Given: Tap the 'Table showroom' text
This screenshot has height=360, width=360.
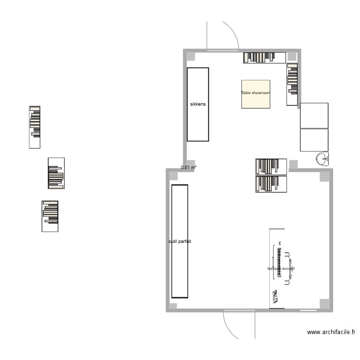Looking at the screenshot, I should click(255, 93).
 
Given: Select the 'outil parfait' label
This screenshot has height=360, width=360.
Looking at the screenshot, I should click(180, 241).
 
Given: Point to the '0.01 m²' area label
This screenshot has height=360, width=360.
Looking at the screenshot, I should click(189, 168).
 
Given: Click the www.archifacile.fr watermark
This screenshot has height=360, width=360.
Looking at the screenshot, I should click(331, 332).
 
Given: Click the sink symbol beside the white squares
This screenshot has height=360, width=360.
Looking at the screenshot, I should click(323, 159).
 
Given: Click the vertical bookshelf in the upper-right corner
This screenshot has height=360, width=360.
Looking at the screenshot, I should click(293, 84).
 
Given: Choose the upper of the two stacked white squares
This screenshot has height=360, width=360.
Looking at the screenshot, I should click(314, 115).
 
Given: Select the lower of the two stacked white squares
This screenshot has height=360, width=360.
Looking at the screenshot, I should click(314, 140).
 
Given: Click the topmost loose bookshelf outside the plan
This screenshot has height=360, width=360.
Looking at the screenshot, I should click(35, 127).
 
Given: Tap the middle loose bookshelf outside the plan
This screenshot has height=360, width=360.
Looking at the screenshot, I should click(56, 173).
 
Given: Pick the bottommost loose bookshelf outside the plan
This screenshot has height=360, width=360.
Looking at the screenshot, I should click(50, 216).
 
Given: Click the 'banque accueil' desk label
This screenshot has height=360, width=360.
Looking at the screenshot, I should click(281, 268).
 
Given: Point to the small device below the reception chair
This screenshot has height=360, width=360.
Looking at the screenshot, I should click(275, 297).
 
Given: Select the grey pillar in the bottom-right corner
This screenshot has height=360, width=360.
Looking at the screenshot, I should click(324, 304).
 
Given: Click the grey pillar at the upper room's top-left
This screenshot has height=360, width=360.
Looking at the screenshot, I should click(191, 57).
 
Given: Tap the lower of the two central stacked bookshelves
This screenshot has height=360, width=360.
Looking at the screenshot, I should click(271, 184).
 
